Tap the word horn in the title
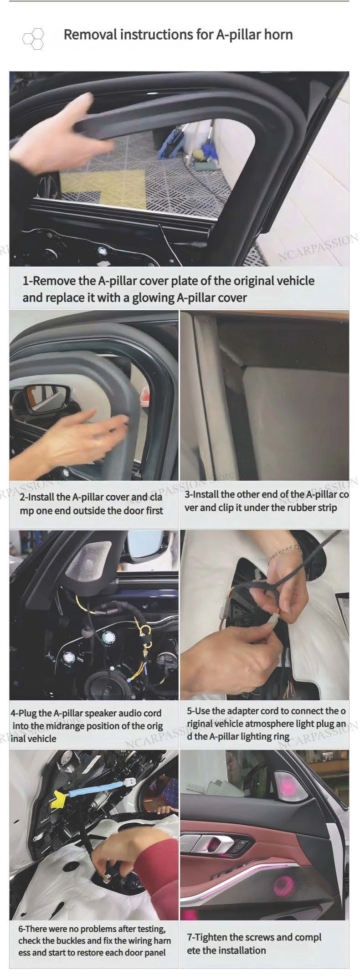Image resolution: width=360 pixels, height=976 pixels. tap(278, 34)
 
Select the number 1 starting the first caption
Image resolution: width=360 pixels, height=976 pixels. tap(26, 281)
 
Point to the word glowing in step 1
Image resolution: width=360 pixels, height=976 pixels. tap(153, 298)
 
